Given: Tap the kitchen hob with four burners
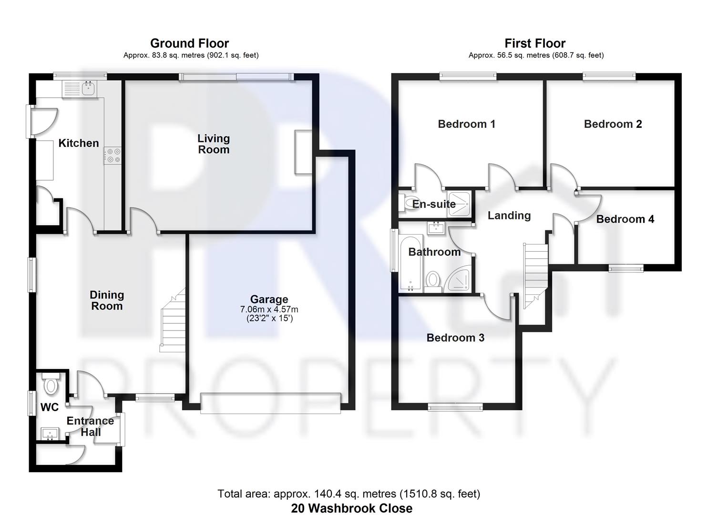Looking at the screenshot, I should (113, 155).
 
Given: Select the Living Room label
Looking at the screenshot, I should (214, 144).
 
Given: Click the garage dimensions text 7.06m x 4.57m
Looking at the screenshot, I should (269, 309).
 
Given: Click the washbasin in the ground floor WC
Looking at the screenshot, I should (50, 434).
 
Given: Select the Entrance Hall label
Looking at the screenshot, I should (90, 426).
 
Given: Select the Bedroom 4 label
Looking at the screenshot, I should (625, 219).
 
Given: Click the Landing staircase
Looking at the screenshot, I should (535, 274).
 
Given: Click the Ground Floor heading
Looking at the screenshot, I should (189, 43).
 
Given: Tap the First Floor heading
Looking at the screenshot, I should (535, 43).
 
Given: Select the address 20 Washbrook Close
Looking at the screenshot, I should (351, 508).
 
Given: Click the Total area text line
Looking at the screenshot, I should (349, 494).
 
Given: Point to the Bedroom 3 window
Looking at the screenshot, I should (455, 407).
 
